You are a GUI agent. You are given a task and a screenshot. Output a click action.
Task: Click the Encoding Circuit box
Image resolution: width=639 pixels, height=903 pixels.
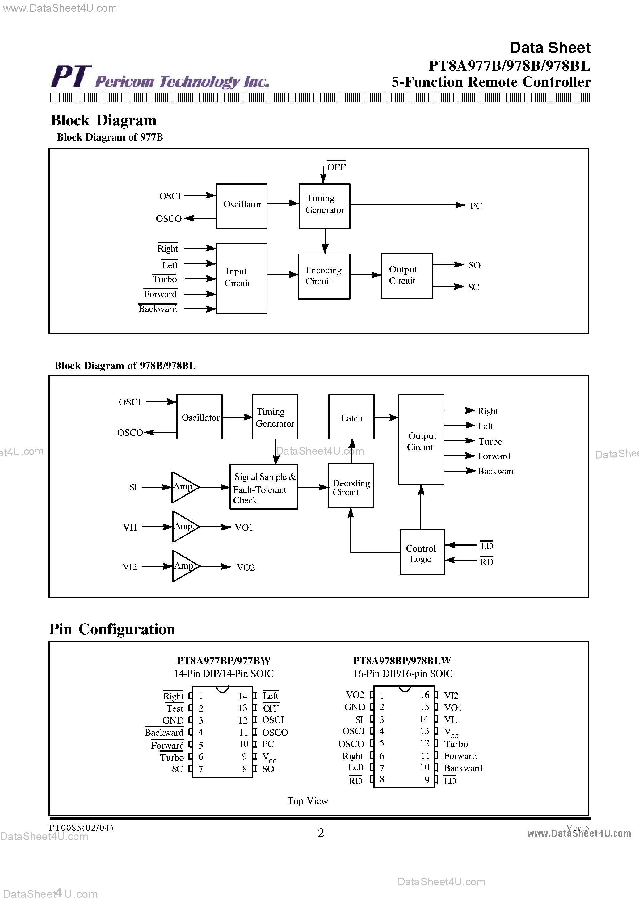324,276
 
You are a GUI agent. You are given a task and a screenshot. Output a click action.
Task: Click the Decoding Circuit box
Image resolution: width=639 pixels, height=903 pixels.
350,485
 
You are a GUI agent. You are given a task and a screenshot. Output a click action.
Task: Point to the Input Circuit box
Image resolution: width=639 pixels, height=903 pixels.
241,278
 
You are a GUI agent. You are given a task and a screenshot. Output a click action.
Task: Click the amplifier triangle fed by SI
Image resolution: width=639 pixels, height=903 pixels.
183,487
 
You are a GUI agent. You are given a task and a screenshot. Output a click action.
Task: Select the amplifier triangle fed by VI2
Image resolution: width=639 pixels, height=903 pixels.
184,566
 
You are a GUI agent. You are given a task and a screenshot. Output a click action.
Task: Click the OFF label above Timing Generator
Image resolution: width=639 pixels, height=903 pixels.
336,167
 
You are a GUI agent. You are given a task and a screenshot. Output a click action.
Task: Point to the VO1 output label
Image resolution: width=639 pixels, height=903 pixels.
244,527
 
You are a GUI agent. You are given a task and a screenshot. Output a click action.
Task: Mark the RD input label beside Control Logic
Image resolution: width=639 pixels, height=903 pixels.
486,562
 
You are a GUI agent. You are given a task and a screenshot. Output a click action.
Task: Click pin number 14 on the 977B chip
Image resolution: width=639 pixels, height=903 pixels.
243,696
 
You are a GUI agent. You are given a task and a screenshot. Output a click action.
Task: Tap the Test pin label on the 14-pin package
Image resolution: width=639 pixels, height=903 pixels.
175,708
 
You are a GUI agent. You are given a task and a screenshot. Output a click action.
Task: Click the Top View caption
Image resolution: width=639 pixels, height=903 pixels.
307,801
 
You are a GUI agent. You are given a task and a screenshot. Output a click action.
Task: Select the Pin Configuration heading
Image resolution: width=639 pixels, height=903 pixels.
112,629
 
